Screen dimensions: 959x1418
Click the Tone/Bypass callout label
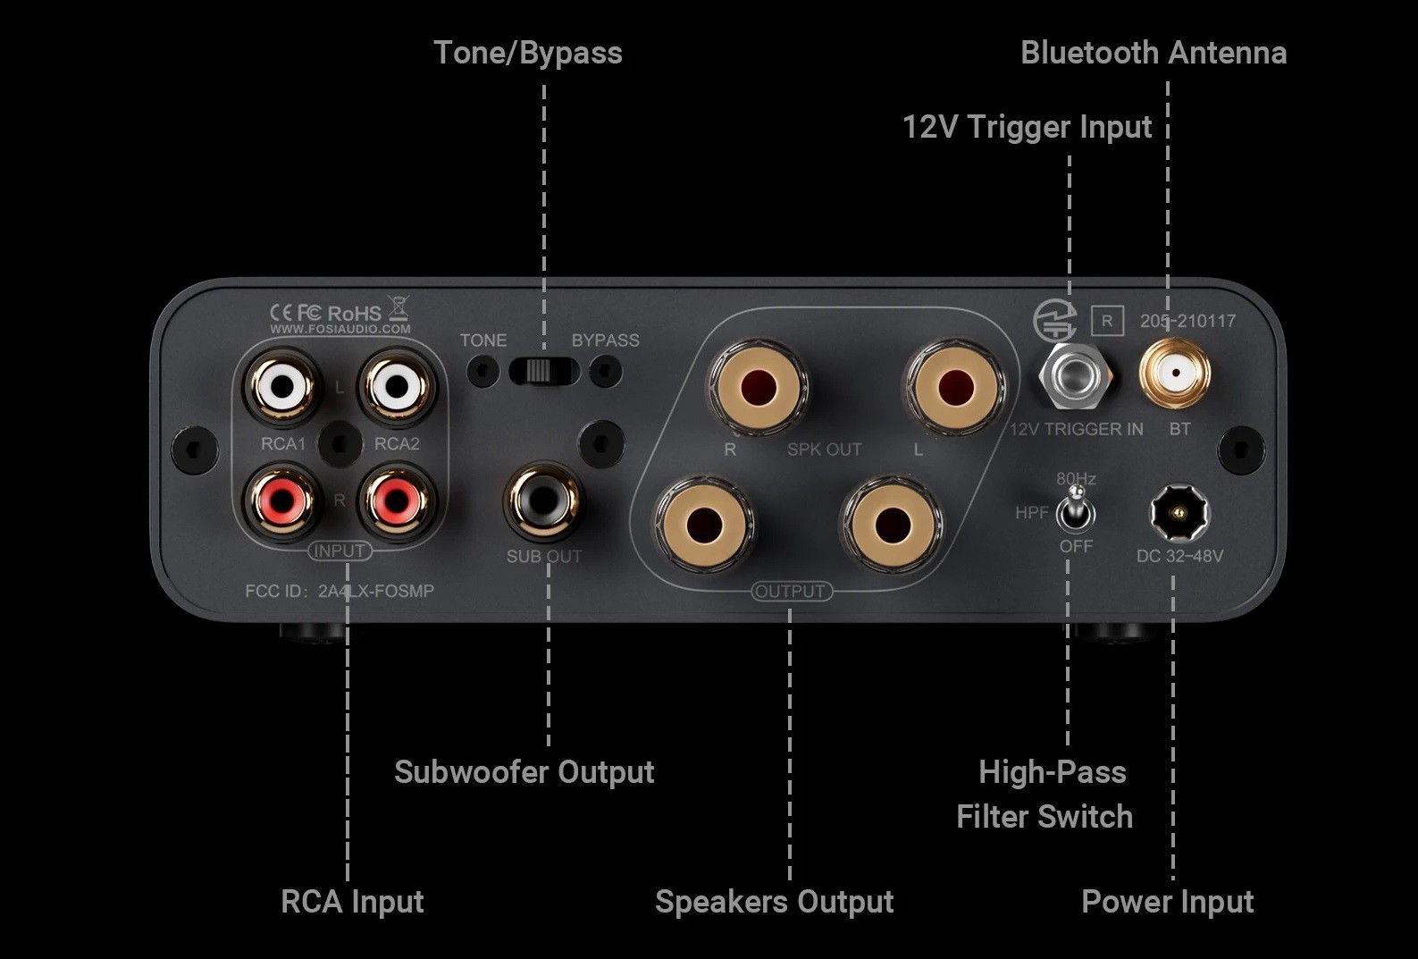pos(527,53)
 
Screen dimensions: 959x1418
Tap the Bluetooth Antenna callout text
pos(1153,53)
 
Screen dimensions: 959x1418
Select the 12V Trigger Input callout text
pos(1027,127)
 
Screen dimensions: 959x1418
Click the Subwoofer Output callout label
pos(524,772)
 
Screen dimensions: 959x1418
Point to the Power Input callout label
pos(1167,902)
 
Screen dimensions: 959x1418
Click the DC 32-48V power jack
pos(1178,513)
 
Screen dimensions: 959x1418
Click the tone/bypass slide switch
pos(543,370)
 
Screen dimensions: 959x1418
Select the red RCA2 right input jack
pos(396,501)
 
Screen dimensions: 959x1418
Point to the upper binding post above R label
pos(758,388)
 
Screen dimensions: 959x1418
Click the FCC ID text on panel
pos(340,591)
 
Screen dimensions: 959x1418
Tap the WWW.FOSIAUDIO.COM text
pos(340,329)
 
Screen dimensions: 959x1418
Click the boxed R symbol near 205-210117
pos(1107,321)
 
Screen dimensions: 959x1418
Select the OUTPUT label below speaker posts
pos(790,591)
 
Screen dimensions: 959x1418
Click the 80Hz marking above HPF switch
pos(1076,479)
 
